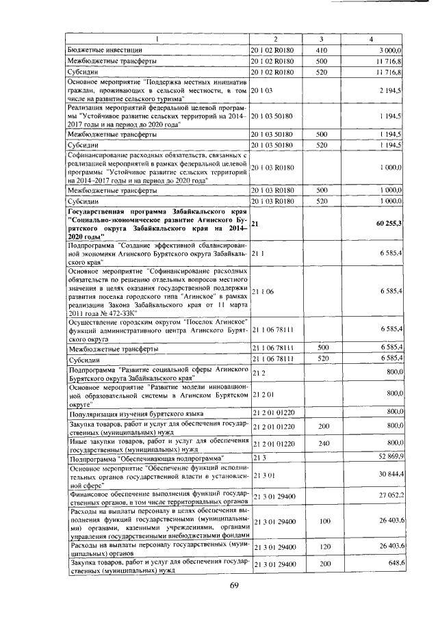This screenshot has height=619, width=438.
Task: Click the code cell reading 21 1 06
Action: pyautogui.click(x=263, y=291)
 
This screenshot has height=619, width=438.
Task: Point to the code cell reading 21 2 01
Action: pyautogui.click(x=263, y=395)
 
